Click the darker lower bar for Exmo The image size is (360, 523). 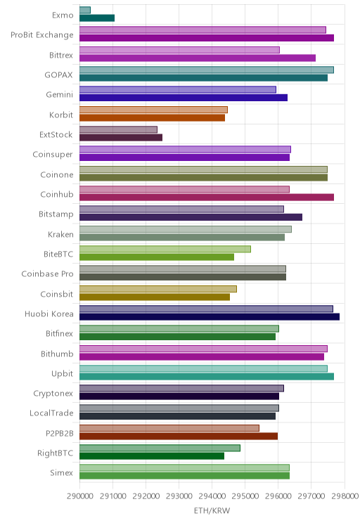97,18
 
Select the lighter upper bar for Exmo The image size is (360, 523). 85,10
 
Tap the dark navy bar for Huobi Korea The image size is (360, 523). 210,317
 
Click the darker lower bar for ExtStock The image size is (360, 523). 121,137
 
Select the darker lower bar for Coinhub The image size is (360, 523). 207,197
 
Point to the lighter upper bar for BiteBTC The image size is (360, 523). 165,249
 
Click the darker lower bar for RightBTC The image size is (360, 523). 152,456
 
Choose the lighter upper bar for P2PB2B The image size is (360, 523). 169,428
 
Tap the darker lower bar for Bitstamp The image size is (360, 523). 191,217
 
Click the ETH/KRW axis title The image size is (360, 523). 212,510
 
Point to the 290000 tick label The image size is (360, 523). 80,496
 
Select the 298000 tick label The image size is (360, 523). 345,496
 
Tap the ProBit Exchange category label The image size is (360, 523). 42,35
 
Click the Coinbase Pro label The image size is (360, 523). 47,274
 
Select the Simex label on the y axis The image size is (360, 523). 61,472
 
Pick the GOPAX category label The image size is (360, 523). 59,75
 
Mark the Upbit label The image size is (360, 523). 62,373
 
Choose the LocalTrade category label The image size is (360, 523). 51,413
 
